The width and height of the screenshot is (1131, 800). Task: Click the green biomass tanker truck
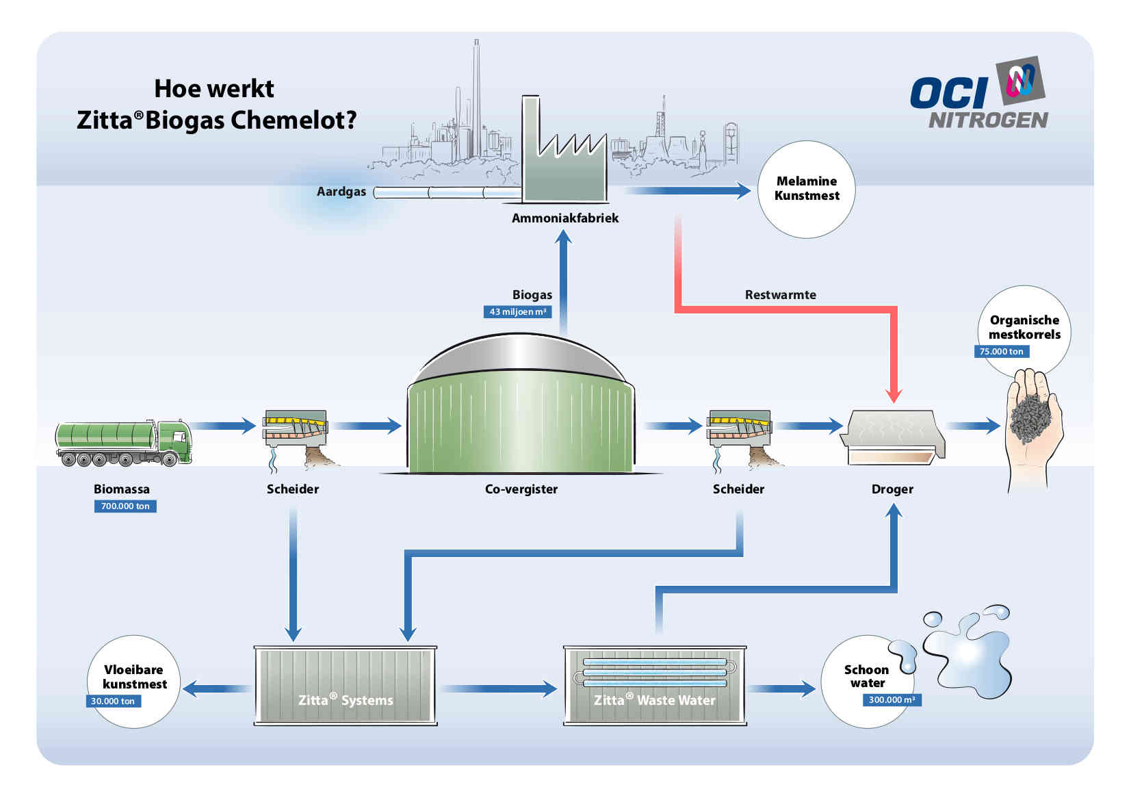coord(124,443)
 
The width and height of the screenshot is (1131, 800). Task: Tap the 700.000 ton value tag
coord(125,506)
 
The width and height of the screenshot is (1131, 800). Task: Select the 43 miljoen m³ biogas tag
coord(517,311)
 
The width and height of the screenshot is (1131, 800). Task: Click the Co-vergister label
coord(521,489)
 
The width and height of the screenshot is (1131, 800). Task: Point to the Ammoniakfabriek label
coord(565,218)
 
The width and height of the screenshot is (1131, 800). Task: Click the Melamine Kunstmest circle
coord(807,190)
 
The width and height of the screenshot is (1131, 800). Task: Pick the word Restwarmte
coord(781,294)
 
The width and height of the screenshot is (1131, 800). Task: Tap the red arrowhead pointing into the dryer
coord(894,396)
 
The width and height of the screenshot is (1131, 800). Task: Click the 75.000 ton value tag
coord(1001,352)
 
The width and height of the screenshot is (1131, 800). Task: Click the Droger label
coord(892,489)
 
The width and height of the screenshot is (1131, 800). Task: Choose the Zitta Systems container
coord(346,685)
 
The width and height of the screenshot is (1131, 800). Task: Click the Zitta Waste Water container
coord(655,685)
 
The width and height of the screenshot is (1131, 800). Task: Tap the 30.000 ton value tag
coord(113,701)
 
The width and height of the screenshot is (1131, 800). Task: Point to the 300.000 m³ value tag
coord(892,699)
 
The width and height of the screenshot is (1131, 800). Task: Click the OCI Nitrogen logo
coord(980,94)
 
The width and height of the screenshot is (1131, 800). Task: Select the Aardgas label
coord(341,192)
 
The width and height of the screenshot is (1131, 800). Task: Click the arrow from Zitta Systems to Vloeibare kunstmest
coord(217,689)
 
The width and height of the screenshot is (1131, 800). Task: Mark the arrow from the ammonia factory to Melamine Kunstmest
coord(688,190)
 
